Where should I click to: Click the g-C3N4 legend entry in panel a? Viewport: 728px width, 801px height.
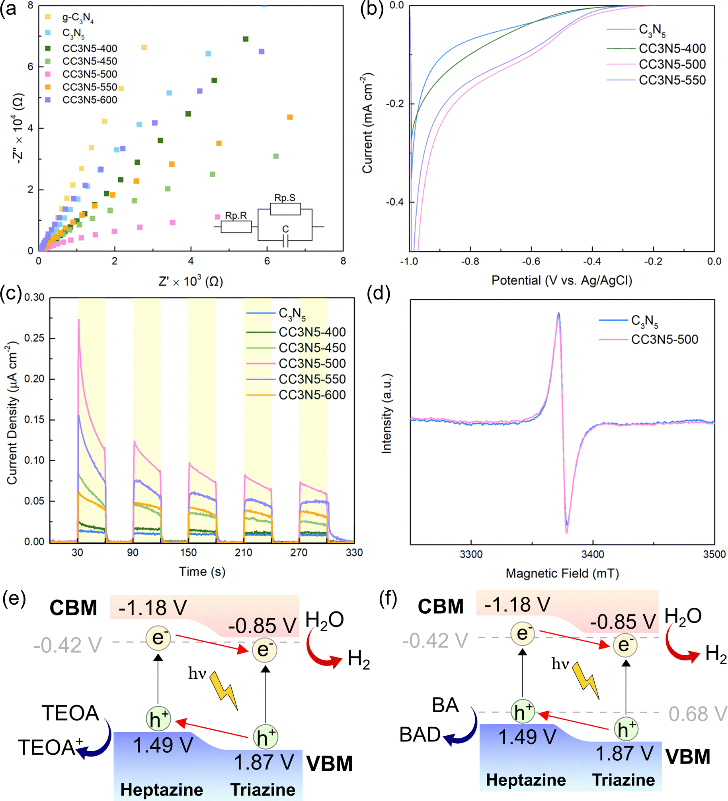[x=70, y=18]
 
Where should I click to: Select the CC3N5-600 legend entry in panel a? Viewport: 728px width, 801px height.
[x=82, y=100]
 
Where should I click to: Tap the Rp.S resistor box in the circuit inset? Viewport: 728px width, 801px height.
[x=285, y=209]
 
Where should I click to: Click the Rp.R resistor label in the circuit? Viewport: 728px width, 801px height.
[x=236, y=215]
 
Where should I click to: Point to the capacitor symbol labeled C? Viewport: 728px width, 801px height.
[x=285, y=241]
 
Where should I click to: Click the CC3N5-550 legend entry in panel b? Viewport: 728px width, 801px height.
[x=656, y=80]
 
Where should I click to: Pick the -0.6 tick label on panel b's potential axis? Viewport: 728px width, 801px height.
[x=531, y=261]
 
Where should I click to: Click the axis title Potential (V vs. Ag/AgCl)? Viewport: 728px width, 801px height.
[x=562, y=280]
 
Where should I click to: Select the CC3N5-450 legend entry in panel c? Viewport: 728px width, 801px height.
[x=296, y=348]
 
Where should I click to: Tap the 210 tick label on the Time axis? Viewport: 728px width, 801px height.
[x=243, y=552]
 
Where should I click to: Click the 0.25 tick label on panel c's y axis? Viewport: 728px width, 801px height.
[x=34, y=338]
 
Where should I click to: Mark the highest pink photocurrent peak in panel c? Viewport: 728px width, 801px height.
[x=79, y=319]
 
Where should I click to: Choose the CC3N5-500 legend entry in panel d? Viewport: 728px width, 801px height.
[x=648, y=339]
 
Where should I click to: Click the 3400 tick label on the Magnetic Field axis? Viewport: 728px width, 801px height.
[x=593, y=554]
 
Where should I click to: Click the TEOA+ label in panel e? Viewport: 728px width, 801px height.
[x=51, y=747]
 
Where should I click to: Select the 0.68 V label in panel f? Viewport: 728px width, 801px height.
[x=698, y=714]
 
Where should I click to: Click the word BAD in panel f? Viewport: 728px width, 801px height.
[x=420, y=734]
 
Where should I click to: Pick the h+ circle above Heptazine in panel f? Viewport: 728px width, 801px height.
[x=523, y=711]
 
